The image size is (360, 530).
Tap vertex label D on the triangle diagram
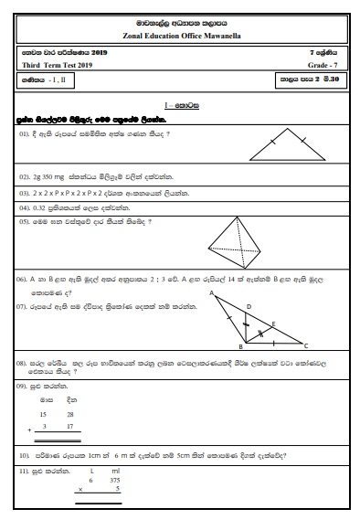(x=249, y=306)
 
